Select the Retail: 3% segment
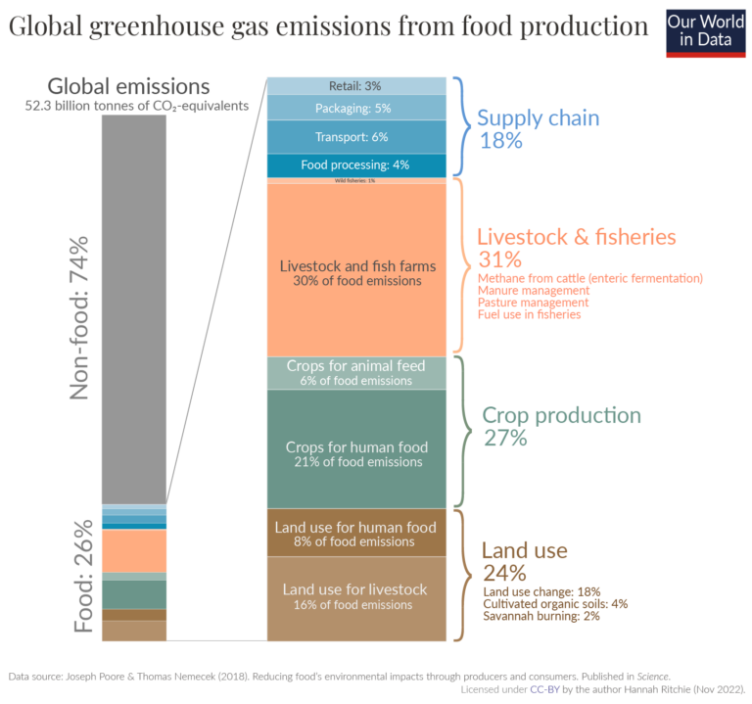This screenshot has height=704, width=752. click(x=356, y=86)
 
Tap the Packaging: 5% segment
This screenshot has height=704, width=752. click(x=356, y=108)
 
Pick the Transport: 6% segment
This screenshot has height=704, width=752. click(x=356, y=137)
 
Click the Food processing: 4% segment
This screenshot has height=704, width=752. click(x=356, y=165)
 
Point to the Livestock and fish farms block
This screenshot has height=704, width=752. click(x=356, y=272)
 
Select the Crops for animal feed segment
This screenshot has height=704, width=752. click(x=356, y=373)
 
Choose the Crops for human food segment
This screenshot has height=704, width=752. click(x=356, y=453)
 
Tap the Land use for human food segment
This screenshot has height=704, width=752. click(x=356, y=534)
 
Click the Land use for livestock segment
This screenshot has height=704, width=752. click(x=356, y=596)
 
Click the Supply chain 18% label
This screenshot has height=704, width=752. click(x=538, y=128)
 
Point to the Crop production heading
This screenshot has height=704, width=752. click(x=561, y=415)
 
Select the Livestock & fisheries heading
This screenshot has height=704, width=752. click(x=576, y=237)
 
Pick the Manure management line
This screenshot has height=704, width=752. click(x=533, y=291)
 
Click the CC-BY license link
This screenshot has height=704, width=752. click(x=543, y=689)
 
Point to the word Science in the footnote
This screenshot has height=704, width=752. click(x=650, y=676)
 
